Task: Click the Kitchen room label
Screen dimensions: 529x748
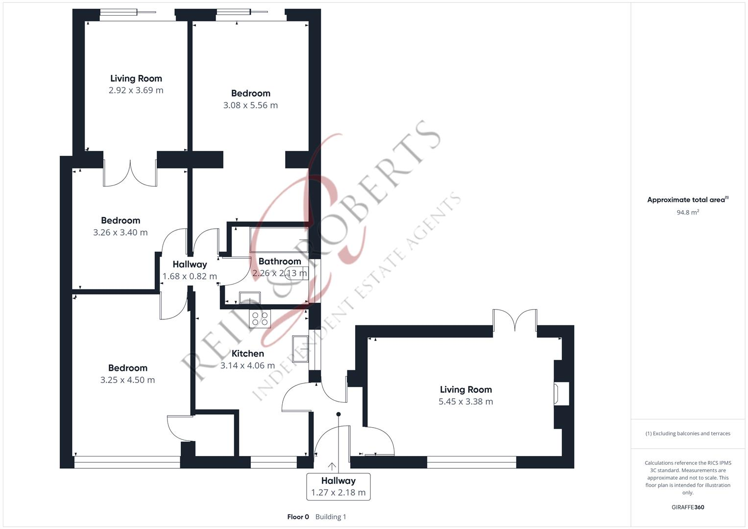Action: click(x=247, y=353)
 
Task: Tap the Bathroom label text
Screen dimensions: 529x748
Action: click(x=279, y=261)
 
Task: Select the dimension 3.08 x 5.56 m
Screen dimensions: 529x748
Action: click(x=250, y=105)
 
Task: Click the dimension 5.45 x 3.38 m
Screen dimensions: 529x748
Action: click(x=465, y=402)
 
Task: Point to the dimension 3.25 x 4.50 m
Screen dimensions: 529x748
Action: click(x=127, y=380)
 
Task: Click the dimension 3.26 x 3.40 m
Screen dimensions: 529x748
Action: click(x=120, y=233)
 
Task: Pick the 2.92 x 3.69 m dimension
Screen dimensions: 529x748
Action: click(x=136, y=90)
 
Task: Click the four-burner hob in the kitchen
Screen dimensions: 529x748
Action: click(x=260, y=319)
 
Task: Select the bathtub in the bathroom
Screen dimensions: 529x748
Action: click(x=278, y=240)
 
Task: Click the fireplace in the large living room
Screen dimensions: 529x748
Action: click(x=561, y=394)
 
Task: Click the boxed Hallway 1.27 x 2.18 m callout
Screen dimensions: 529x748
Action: click(x=338, y=486)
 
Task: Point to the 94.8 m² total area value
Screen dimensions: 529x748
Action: click(x=687, y=213)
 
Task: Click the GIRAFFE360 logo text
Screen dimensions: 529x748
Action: click(x=687, y=507)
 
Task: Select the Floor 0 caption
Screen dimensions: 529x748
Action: click(x=298, y=517)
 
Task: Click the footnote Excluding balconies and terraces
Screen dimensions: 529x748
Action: click(x=687, y=433)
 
